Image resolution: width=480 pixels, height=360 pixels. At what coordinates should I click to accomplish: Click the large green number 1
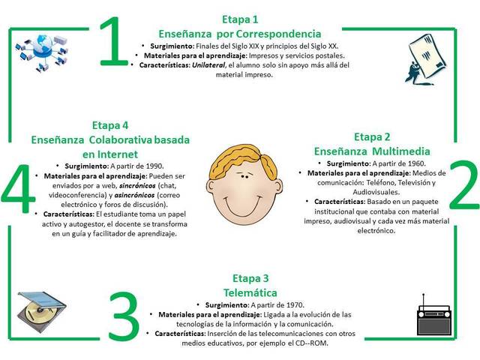[113, 46]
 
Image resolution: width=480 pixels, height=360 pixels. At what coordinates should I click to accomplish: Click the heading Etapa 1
[240, 19]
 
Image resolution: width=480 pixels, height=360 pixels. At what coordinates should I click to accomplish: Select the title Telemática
[240, 292]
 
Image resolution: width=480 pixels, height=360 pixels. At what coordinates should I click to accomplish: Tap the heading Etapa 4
[110, 125]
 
